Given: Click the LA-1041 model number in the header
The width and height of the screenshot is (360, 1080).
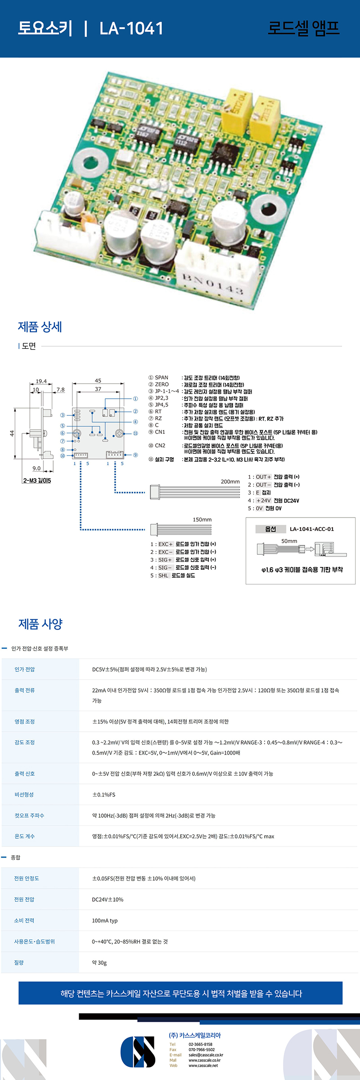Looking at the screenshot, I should point(131,28).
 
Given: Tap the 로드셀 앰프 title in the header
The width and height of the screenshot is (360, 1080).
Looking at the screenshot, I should point(303,28).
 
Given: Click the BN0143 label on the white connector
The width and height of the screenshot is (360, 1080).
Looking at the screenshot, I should point(212,284).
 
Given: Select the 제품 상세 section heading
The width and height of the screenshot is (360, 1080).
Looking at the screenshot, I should point(40,327).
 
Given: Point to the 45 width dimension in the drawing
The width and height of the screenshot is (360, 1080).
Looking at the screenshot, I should point(98,381).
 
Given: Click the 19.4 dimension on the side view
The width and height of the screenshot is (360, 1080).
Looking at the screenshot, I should point(41,381).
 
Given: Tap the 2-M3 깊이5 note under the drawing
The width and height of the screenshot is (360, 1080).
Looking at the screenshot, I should point(37,481).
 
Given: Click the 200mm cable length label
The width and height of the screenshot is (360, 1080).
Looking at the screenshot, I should point(230,481).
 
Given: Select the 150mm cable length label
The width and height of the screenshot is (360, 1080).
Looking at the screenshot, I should point(202,519).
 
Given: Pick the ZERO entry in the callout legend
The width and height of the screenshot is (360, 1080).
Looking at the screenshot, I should point(162,384).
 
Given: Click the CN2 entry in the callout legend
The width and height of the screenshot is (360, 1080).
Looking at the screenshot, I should point(160,445).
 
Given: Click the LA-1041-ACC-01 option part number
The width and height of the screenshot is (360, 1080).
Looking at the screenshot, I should point(312,529).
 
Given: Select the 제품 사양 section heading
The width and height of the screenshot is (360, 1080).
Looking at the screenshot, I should point(40,624).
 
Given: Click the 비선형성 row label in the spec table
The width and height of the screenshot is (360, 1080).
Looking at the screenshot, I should point(24,795).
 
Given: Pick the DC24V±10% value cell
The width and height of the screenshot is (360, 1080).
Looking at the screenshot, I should point(108,900).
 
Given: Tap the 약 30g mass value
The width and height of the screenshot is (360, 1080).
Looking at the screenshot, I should point(99,963).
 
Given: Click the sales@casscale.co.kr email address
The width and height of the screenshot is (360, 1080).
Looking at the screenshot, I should point(206,1055).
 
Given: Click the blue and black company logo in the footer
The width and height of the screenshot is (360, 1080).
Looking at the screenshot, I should point(138,1052).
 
